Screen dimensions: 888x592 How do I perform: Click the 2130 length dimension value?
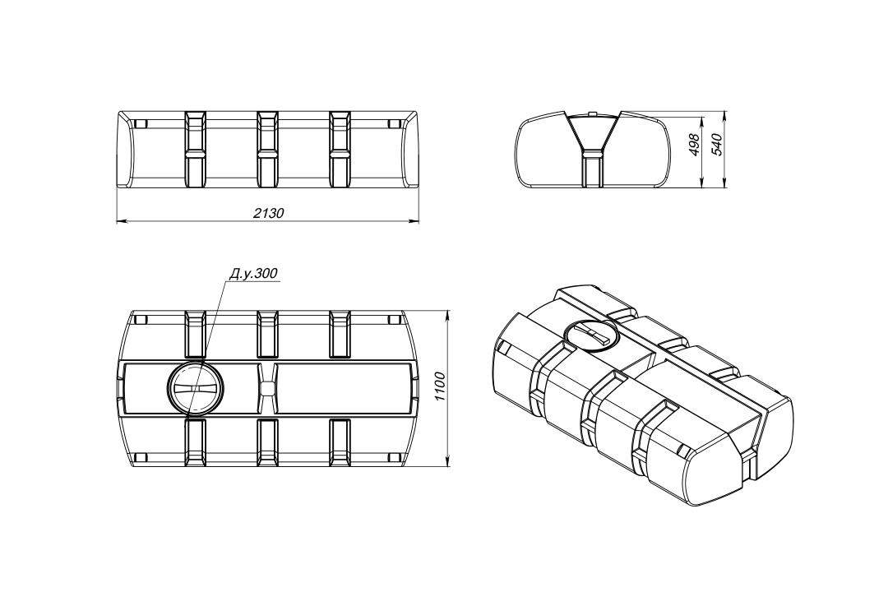268,213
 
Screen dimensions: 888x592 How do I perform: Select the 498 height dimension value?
695,145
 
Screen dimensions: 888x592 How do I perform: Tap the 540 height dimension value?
718,145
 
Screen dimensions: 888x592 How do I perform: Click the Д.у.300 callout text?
253,274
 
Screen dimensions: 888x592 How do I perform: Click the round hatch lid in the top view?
196,388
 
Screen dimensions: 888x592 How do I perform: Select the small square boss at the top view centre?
267,388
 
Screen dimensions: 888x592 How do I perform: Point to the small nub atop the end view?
592,113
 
